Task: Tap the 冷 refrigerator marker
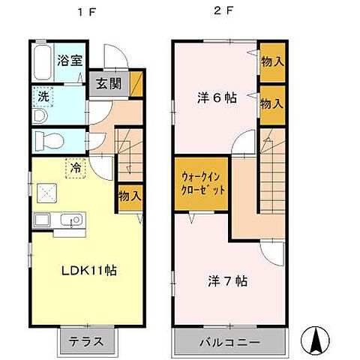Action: pyautogui.click(x=76, y=168)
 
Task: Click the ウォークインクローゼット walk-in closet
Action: pyautogui.click(x=200, y=183)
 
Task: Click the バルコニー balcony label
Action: pyautogui.click(x=229, y=343)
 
